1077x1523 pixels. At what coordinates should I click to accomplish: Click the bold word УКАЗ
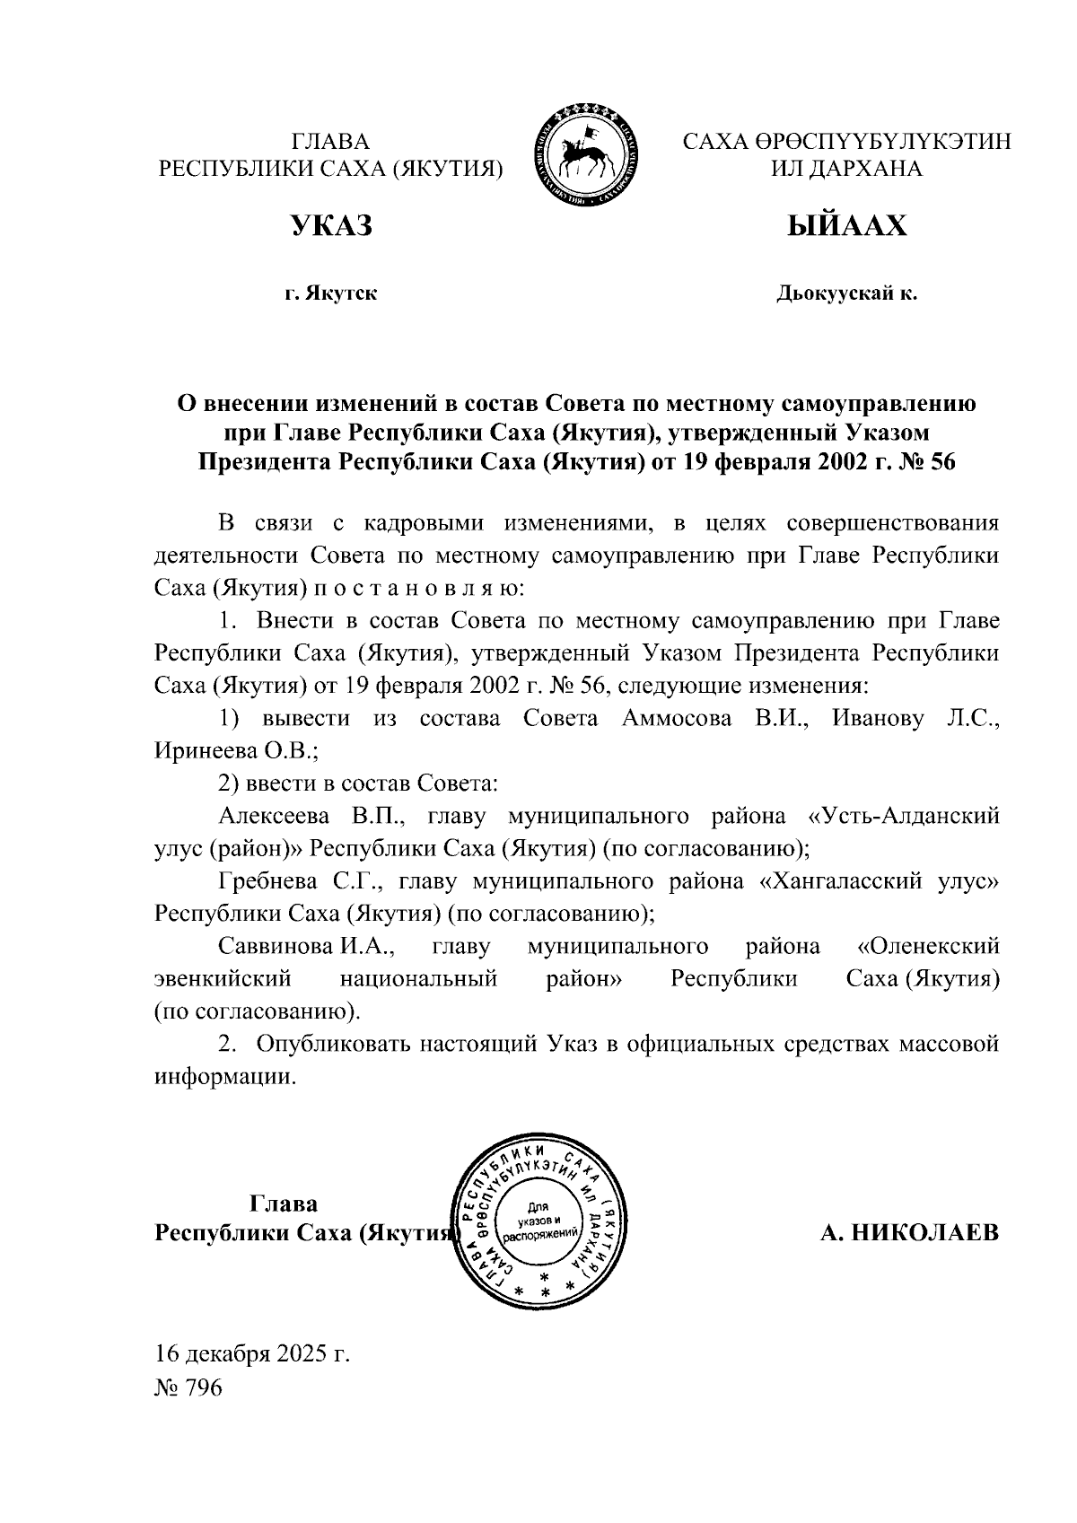click(x=331, y=226)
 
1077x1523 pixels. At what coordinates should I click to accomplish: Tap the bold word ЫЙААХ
click(x=846, y=226)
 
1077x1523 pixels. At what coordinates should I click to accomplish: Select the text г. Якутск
click(x=331, y=293)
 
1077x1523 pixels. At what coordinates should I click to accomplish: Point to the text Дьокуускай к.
click(x=846, y=293)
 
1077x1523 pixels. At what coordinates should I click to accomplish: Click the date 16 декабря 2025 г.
click(x=251, y=1353)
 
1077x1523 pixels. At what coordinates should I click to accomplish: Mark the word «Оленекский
click(x=928, y=946)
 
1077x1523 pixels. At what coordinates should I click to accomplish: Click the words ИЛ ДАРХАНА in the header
click(x=846, y=169)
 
